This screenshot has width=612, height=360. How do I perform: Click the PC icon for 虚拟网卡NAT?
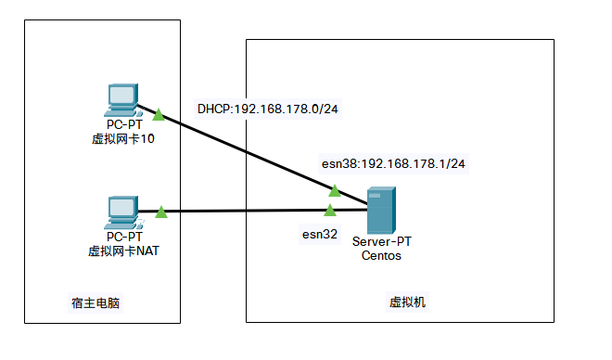point(121,212)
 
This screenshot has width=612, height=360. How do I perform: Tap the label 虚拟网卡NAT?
point(122,251)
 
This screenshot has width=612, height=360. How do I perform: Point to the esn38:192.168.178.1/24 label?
point(394,163)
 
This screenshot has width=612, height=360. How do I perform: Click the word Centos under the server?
point(381,255)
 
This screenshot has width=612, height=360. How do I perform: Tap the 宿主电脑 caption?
point(96,302)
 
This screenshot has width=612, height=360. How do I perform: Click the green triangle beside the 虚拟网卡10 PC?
point(159,115)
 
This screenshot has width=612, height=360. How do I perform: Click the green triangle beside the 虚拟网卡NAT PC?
point(160,212)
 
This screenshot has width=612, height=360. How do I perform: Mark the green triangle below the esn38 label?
point(335,191)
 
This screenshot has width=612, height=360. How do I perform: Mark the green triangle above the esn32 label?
point(329,211)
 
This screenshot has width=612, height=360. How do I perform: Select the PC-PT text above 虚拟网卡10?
point(122,125)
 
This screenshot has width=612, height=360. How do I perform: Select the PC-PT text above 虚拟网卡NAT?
point(122,238)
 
